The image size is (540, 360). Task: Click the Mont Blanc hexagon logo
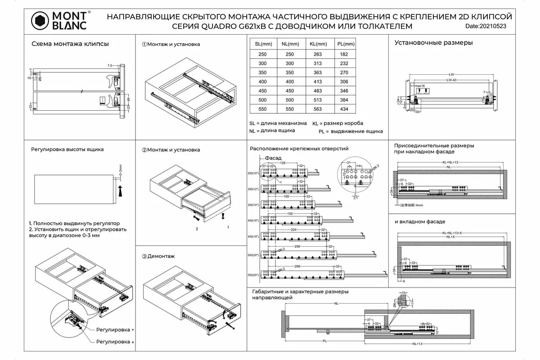coord(39,20)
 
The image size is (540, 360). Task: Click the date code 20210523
coord(492,27)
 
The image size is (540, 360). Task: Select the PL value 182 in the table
coord(344,54)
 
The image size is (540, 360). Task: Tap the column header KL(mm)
coord(318,44)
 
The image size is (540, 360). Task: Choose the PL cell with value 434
coord(344,109)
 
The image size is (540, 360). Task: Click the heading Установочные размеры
coord(433,43)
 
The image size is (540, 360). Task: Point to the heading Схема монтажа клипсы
coord(70,44)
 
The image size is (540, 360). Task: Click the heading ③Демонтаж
coord(158,256)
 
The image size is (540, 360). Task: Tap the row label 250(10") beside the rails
coord(254,173)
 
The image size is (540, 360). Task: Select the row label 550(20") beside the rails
coord(254,275)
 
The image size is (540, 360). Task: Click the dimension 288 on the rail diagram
coord(297,267)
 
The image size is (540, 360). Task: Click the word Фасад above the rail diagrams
coord(273,158)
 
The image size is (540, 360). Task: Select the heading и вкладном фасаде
coord(420,222)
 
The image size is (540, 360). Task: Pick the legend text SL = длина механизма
coord(278,123)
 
